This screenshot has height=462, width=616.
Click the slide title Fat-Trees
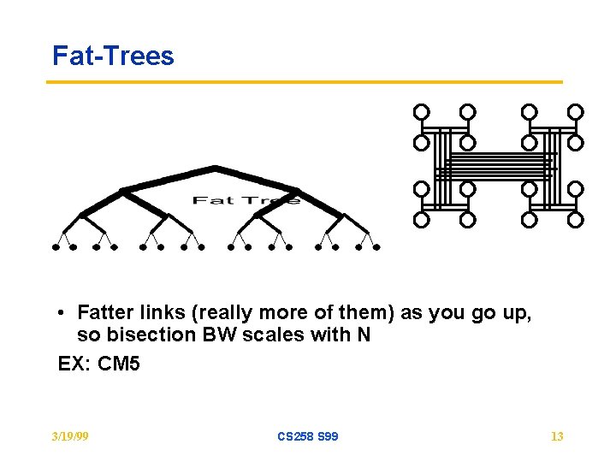[x=113, y=56]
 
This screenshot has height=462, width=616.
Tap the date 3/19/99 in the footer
[x=69, y=436]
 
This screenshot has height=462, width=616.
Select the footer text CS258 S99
[x=307, y=436]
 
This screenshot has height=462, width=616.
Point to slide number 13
[x=556, y=436]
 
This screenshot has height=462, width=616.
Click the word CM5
[x=119, y=364]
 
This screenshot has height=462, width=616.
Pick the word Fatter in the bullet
[x=106, y=313]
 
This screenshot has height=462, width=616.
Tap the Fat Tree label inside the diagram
[x=246, y=200]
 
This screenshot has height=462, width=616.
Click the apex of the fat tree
[x=215, y=167]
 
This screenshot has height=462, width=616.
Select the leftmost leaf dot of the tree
[x=56, y=247]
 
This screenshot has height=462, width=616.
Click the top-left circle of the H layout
[x=421, y=112]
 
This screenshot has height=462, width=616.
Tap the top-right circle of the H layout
[x=576, y=112]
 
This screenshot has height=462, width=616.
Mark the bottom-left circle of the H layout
[x=421, y=219]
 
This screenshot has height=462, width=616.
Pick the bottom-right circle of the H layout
[x=576, y=219]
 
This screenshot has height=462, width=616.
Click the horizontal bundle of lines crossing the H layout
[x=499, y=165]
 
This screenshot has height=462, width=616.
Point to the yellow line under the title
[x=304, y=82]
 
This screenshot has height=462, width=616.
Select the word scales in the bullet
[x=274, y=335]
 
